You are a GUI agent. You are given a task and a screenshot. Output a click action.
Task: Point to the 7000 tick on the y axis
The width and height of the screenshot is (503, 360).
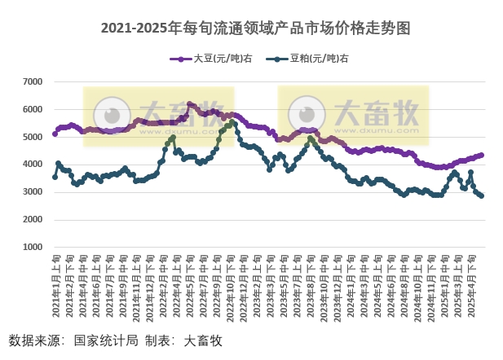(x=33, y=81)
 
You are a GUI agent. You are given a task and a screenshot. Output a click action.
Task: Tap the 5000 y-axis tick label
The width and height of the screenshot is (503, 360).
(x=33, y=137)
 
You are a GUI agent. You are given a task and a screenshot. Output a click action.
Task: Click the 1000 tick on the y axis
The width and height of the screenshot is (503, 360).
(x=33, y=247)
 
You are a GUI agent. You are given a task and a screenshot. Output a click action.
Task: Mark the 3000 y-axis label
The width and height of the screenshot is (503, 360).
(x=33, y=192)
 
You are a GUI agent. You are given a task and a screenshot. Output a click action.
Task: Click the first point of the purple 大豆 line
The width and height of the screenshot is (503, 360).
(x=55, y=134)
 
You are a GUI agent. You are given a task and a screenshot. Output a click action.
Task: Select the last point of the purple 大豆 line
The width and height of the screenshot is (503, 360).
(x=481, y=155)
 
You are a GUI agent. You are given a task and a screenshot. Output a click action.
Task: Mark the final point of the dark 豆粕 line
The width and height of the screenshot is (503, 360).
(x=481, y=195)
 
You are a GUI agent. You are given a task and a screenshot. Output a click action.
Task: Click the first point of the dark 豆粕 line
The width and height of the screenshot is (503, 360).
(x=55, y=177)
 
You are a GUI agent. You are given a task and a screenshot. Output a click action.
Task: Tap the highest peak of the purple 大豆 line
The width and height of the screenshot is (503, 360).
(x=189, y=103)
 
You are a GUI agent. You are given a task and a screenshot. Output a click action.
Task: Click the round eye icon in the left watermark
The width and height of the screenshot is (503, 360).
(x=110, y=114)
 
